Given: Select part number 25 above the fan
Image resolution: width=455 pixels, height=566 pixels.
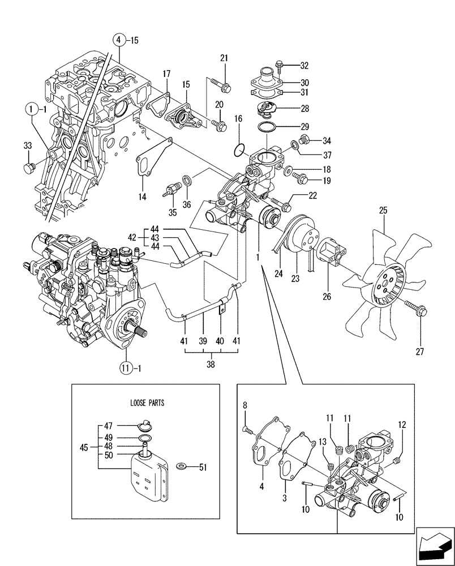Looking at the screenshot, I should click(383, 210).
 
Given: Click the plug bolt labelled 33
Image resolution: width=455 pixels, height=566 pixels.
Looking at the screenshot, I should click(28, 167).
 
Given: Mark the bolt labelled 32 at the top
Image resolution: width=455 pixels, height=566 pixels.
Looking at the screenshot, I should click(278, 67).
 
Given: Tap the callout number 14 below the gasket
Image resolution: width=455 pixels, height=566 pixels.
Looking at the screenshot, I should click(142, 196).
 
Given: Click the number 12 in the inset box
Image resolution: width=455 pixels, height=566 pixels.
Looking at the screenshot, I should click(402, 424).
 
